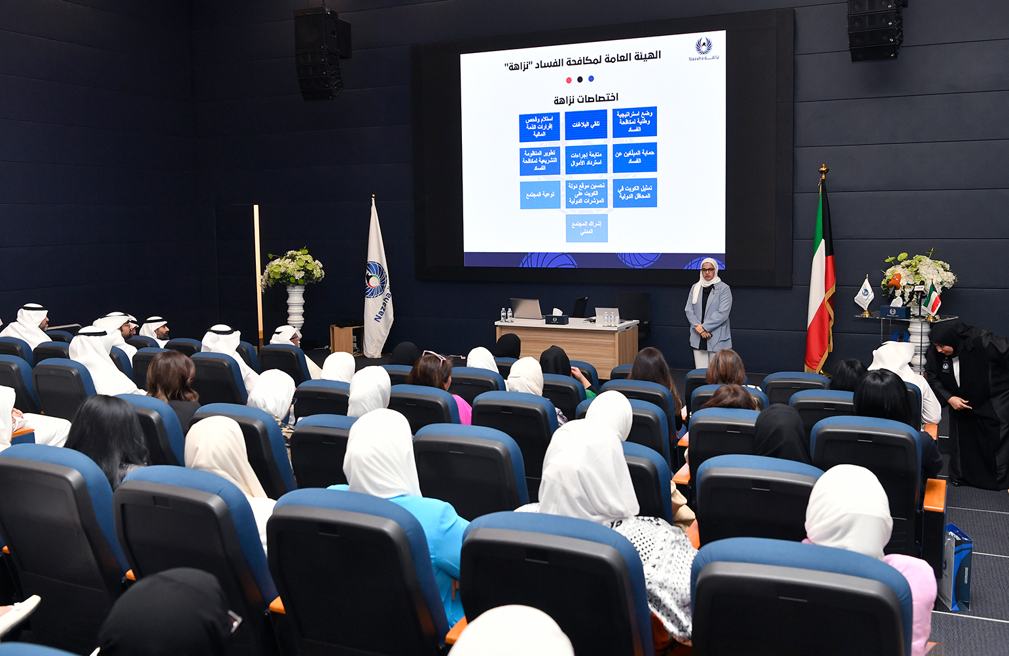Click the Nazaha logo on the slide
703,48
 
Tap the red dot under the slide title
569,80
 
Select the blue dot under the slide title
591,79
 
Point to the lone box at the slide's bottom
586,228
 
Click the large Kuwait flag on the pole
819,282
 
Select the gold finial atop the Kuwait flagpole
823,171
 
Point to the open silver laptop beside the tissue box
527,309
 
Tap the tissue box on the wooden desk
556,318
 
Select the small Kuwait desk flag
932,299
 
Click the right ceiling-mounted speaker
875,29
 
